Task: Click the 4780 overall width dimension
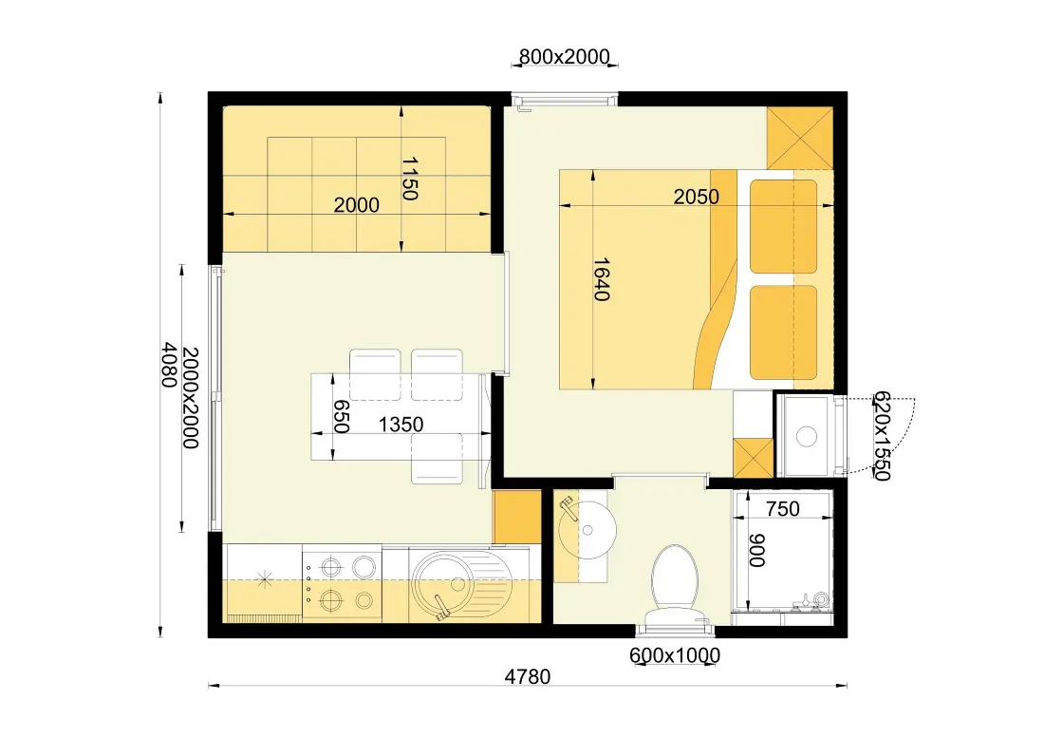(528, 676)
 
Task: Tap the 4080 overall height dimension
(169, 365)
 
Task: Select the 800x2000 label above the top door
(564, 57)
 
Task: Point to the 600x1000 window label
(675, 655)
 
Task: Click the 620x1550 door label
(882, 436)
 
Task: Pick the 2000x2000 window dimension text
(191, 398)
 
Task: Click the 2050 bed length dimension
(697, 197)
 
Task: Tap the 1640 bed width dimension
(601, 280)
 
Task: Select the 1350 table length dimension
(401, 425)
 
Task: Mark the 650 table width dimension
(341, 417)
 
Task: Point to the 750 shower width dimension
(782, 509)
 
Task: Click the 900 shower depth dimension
(756, 550)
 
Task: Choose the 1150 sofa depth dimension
(409, 179)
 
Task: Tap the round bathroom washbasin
(587, 530)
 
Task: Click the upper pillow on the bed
(784, 226)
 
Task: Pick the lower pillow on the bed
(784, 332)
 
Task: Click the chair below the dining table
(438, 458)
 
